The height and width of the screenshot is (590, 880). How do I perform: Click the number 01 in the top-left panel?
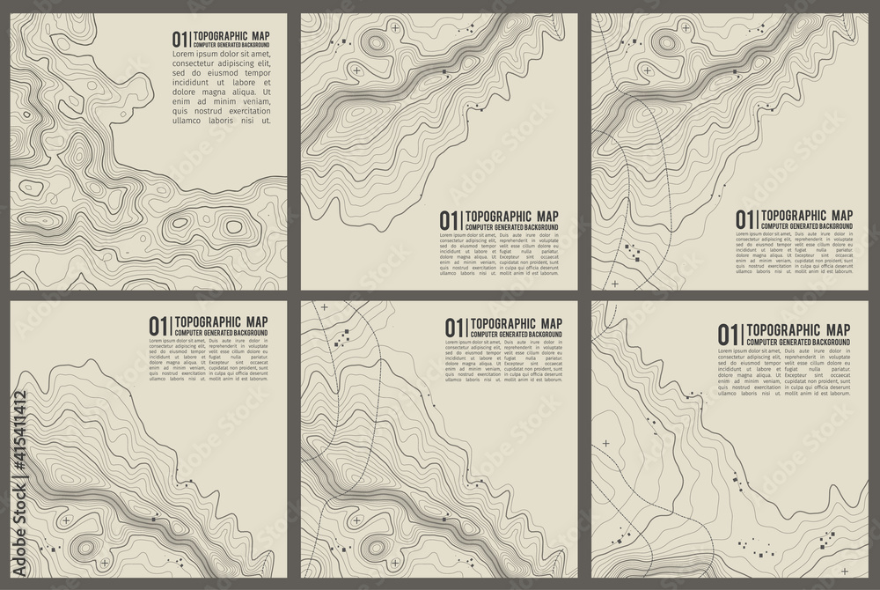click(180, 39)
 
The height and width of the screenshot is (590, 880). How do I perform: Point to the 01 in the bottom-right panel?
click(727, 334)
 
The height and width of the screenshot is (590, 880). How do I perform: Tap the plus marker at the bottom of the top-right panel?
click(615, 284)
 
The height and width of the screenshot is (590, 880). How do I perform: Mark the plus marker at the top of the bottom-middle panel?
click(324, 307)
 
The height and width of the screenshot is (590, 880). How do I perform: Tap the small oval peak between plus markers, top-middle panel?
click(377, 42)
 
